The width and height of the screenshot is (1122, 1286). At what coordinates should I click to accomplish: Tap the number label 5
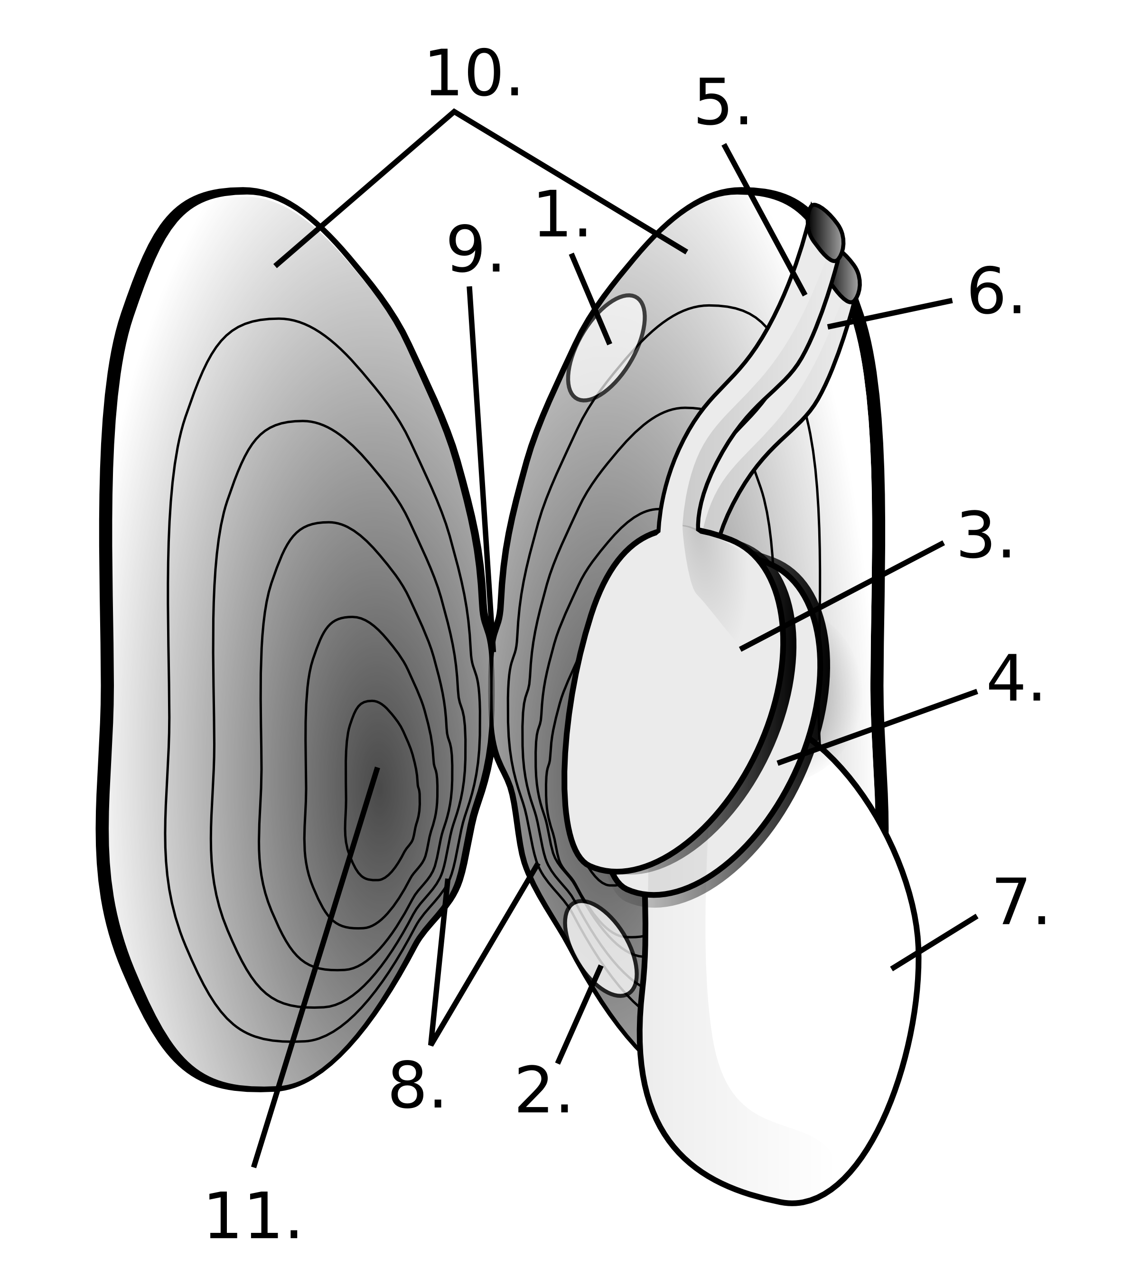pyautogui.click(x=721, y=104)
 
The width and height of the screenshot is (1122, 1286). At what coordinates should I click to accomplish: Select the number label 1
pyautogui.click(x=561, y=216)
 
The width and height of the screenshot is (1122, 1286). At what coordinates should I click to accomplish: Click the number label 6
pyautogui.click(x=994, y=293)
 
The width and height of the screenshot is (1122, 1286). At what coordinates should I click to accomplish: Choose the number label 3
pyautogui.click(x=984, y=537)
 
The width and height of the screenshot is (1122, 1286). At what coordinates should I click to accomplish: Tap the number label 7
pyautogui.click(x=1019, y=904)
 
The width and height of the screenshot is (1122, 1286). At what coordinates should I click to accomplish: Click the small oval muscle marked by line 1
pyautogui.click(x=606, y=347)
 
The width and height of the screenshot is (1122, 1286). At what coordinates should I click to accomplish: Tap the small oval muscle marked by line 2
pyautogui.click(x=601, y=949)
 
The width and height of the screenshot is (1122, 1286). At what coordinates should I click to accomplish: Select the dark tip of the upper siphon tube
pyautogui.click(x=825, y=232)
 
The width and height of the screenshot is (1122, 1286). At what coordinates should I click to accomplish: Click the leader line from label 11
pyautogui.click(x=313, y=970)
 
